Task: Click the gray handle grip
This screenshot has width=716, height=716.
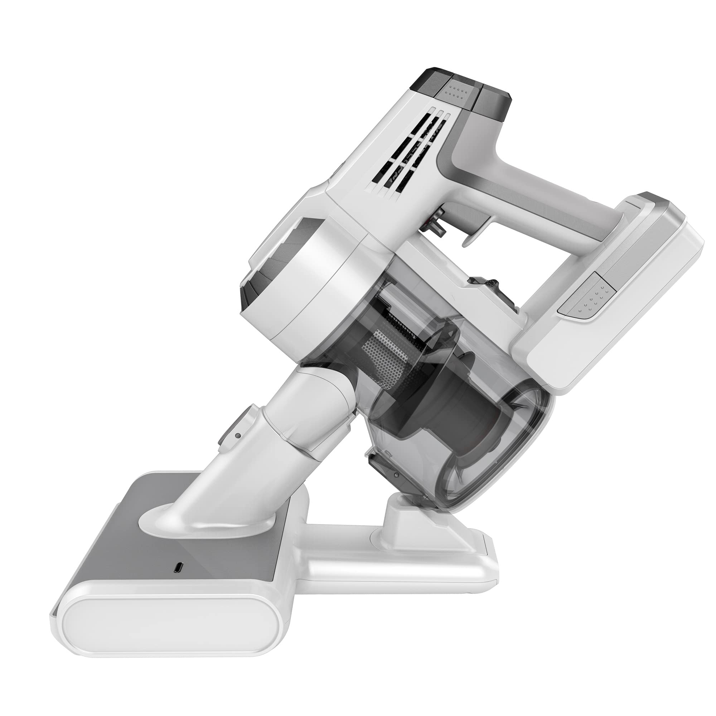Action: [537, 208]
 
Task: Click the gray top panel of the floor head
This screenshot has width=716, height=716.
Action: [156, 548]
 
